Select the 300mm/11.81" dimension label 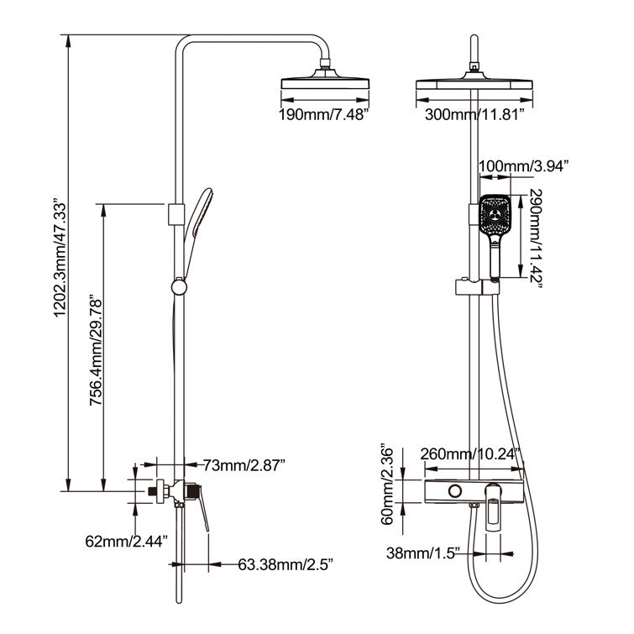475,115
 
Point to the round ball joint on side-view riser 177,287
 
